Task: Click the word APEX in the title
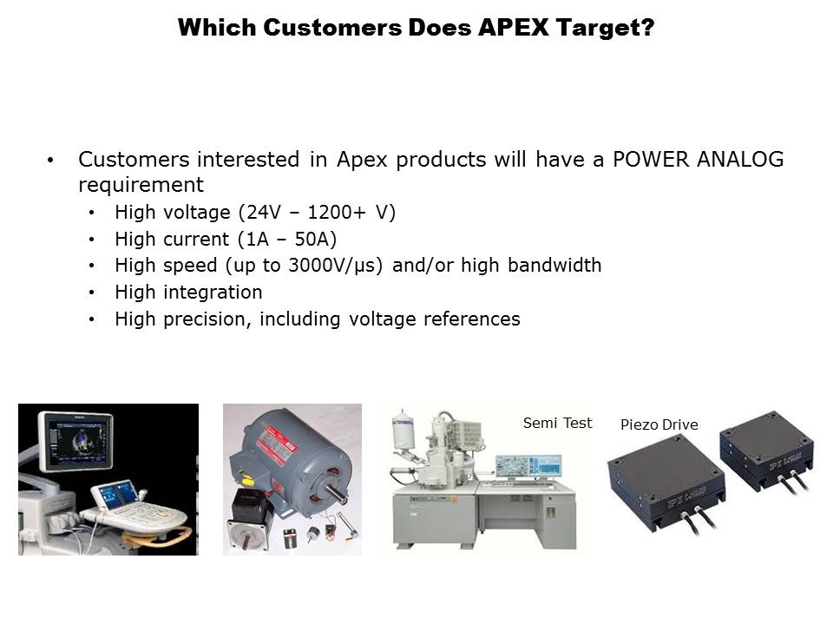coord(513,28)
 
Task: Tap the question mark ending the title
coord(647,28)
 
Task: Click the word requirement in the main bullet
coord(141,185)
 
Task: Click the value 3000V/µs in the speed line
coord(332,266)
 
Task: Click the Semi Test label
coord(557,423)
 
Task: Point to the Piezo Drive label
coord(659,424)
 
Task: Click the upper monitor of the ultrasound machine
coord(76,442)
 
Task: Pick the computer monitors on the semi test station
coord(528,467)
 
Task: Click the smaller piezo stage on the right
coord(766,450)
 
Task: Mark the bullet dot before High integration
coord(91,293)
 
